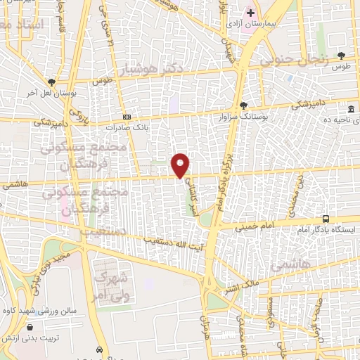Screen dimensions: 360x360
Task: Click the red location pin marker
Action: tap(181, 165)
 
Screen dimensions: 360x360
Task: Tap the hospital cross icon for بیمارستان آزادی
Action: tap(251, 12)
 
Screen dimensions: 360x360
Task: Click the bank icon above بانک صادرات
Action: tap(127, 117)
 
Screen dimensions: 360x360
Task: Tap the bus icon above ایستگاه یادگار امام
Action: tap(325, 219)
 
